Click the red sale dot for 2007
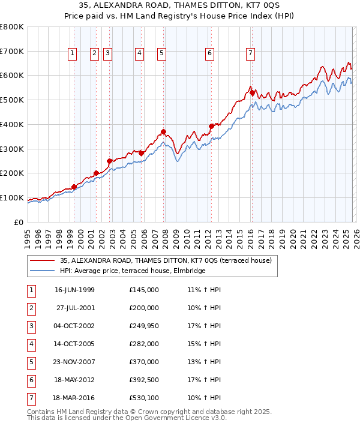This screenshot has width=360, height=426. (163, 131)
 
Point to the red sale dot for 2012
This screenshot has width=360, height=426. (211, 126)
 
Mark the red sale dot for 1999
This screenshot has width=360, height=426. (74, 187)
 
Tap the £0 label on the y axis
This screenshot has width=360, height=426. (19, 222)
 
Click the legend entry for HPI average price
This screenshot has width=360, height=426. (133, 271)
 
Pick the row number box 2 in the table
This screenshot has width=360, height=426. (30, 308)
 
